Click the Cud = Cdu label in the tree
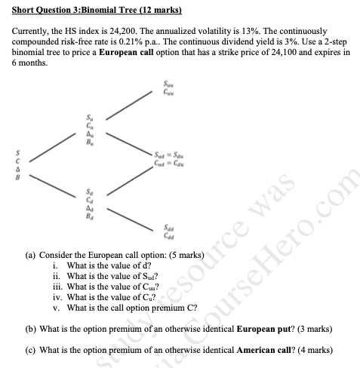168,162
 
